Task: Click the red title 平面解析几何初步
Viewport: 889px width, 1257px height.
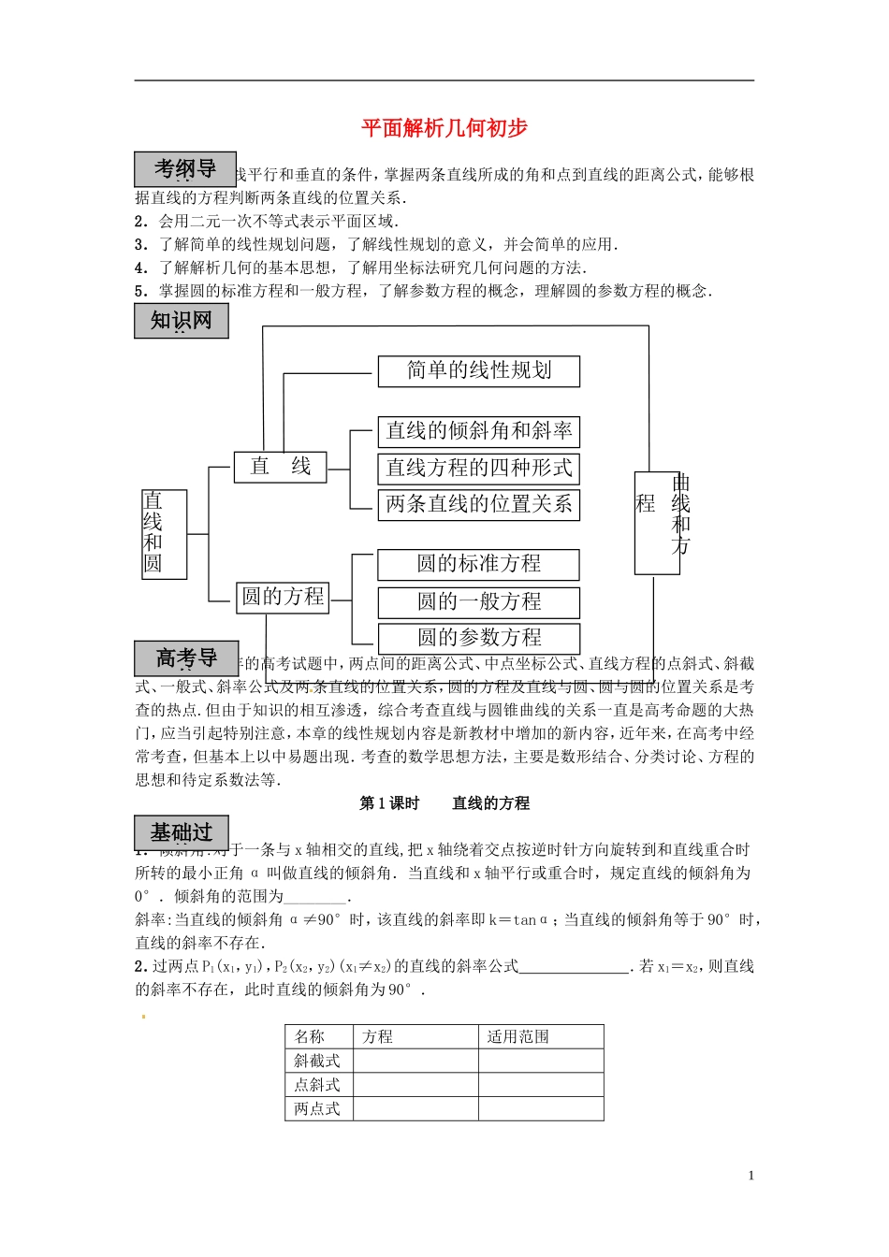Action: tap(444, 128)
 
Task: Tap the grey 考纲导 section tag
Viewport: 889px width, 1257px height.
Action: tap(184, 169)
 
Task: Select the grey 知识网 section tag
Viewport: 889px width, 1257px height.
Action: tap(182, 321)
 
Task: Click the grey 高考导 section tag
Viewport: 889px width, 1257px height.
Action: tap(186, 658)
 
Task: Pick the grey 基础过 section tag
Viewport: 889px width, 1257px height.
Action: tap(182, 832)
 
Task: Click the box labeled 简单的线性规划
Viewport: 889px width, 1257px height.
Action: tap(479, 371)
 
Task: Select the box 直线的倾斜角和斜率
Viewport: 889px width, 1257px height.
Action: tap(479, 431)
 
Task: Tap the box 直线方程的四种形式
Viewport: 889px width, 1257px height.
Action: tap(479, 468)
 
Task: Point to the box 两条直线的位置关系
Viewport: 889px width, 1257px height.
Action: tap(479, 505)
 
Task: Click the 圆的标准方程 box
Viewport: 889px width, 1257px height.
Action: tap(479, 564)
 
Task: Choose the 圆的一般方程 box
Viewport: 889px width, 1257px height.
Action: tap(479, 601)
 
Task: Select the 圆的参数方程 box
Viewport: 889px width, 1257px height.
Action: tap(479, 638)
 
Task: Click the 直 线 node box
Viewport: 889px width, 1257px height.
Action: tap(280, 467)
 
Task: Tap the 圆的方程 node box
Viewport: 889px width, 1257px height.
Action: tap(283, 597)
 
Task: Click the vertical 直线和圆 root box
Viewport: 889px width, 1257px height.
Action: tap(164, 533)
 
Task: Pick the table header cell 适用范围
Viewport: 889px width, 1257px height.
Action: tap(518, 1036)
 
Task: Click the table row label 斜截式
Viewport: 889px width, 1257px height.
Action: tap(317, 1061)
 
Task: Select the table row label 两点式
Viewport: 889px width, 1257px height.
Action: tap(317, 1109)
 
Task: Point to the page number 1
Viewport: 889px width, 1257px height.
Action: tap(751, 1176)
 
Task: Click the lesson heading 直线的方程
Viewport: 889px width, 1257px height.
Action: tap(490, 803)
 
